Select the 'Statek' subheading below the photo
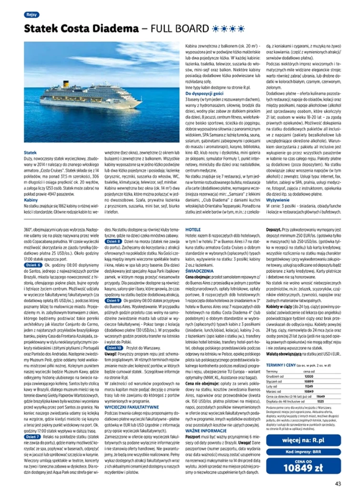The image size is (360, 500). tap(30, 152)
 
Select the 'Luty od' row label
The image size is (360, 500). tap(274, 373)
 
